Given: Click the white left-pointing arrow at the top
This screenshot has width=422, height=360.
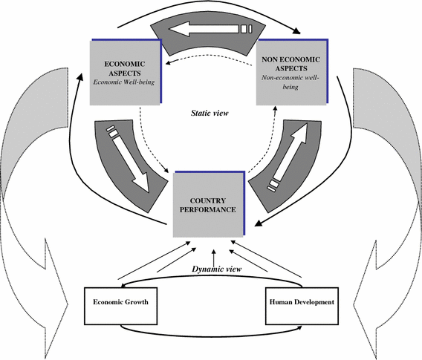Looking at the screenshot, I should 212,30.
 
